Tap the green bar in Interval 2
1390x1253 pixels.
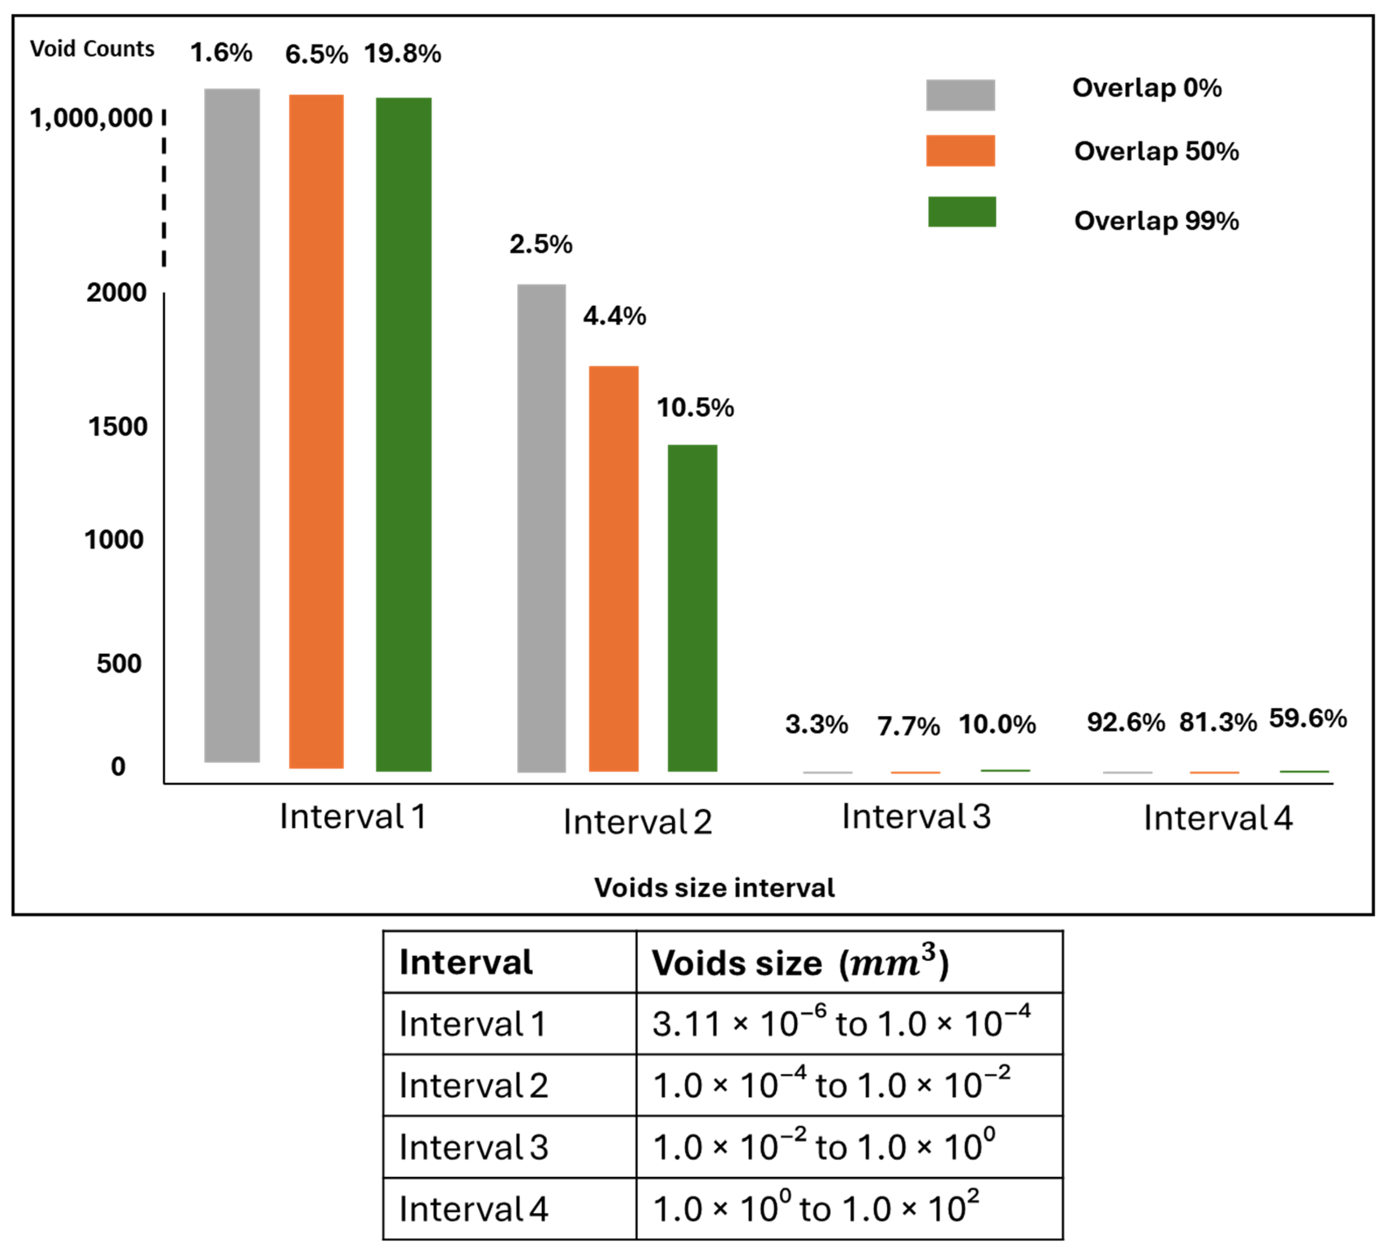coord(692,607)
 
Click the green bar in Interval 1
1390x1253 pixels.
coord(403,434)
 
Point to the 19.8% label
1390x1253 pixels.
coord(402,54)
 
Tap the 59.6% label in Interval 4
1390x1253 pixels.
coord(1307,718)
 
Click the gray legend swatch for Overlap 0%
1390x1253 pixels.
coord(960,95)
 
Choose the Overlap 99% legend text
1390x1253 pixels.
coord(1156,221)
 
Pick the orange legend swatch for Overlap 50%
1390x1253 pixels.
coord(960,151)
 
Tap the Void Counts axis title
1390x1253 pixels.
coord(92,49)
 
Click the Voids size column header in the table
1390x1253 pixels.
coord(800,963)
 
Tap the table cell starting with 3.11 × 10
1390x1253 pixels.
coord(841,1024)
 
